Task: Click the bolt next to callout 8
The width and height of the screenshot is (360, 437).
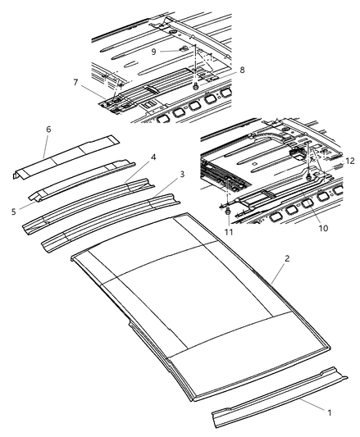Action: pos(196,85)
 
